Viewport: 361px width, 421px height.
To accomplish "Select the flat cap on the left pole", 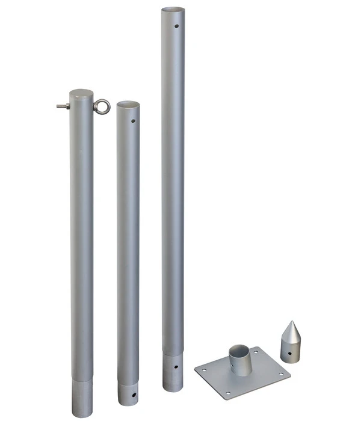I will click(x=81, y=94).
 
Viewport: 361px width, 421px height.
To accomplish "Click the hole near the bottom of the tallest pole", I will click(x=176, y=366).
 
